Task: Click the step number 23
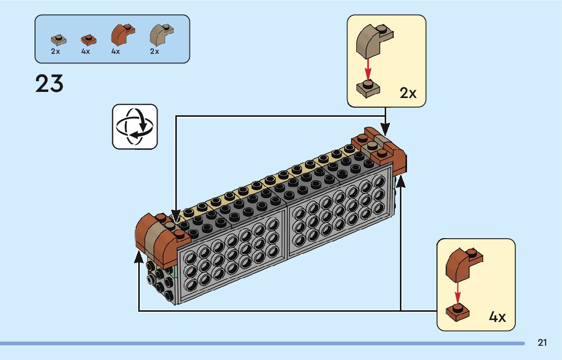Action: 49,83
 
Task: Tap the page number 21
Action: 542,343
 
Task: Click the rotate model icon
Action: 135,126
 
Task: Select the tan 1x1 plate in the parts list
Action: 58,40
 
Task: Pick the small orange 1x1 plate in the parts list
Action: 88,39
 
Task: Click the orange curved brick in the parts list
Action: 122,35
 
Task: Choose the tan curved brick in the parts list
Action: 161,35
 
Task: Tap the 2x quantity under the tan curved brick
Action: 154,51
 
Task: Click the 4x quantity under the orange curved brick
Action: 115,51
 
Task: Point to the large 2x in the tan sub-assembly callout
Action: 408,93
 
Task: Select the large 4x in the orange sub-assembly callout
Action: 497,317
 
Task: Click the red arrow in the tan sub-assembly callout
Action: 367,70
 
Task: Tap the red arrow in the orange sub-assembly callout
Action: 457,292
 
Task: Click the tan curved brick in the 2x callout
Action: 374,41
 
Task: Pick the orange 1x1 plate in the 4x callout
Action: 458,312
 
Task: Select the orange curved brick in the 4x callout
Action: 464,265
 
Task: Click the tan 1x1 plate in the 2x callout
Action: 368,89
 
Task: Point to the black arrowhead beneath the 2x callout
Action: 385,129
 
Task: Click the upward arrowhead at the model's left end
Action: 139,257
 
